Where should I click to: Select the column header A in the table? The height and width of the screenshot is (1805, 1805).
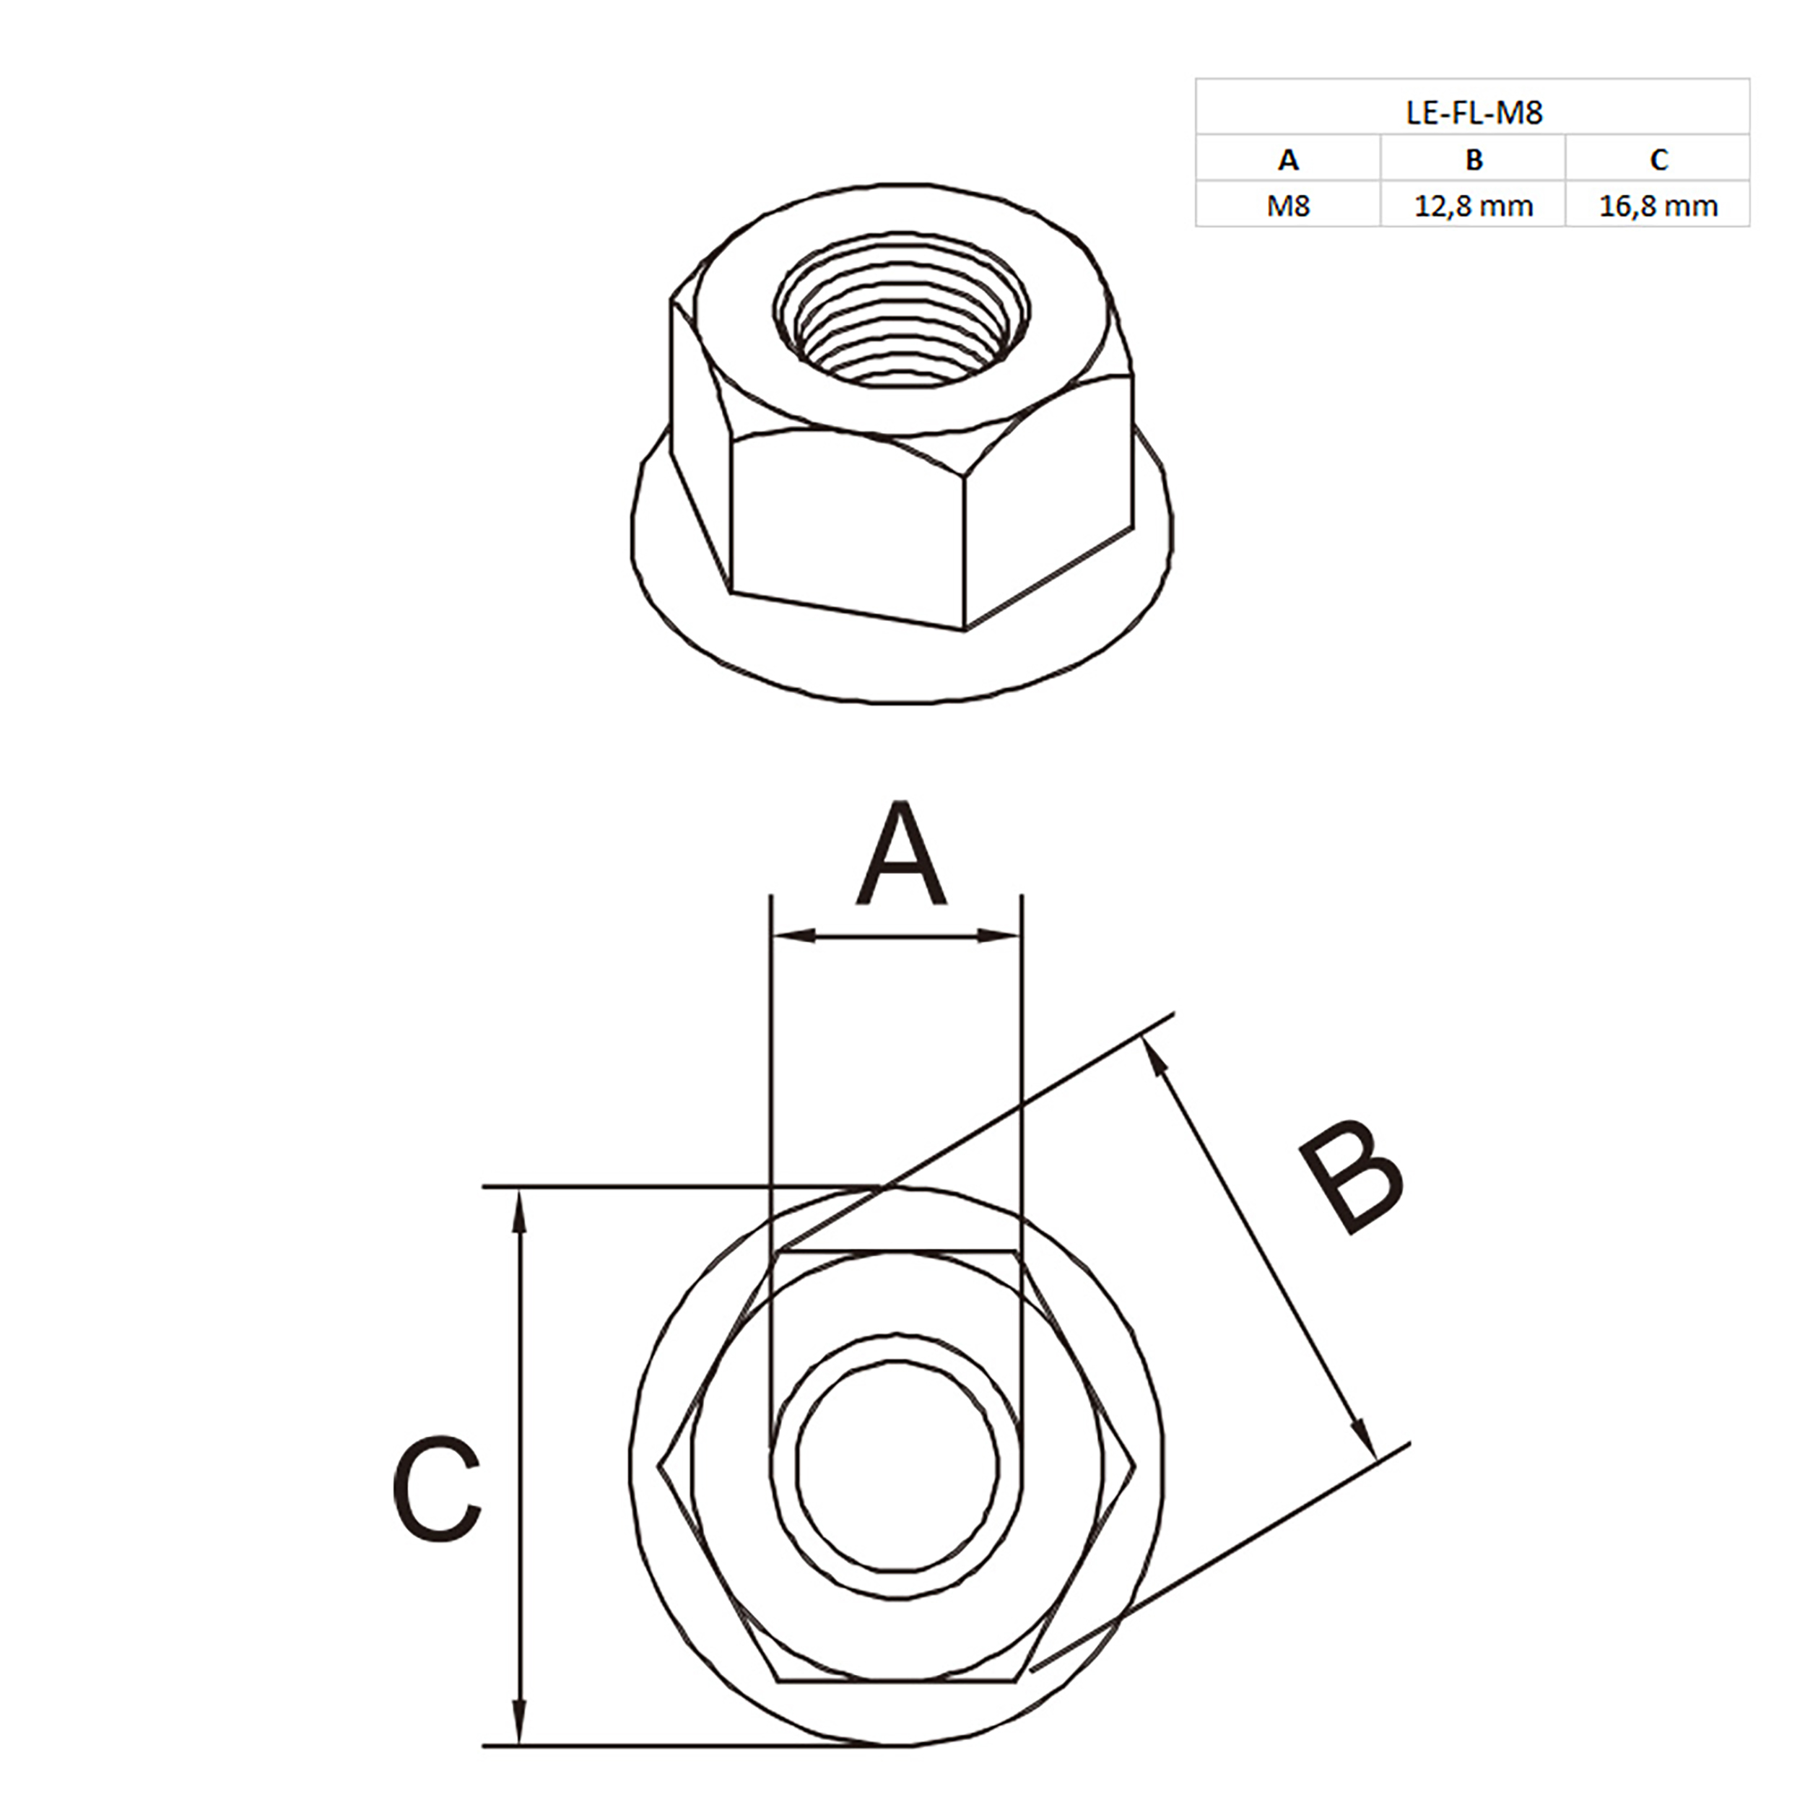point(1287,160)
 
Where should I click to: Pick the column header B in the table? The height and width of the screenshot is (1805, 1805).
point(1474,160)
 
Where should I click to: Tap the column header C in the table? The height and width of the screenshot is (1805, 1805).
point(1658,160)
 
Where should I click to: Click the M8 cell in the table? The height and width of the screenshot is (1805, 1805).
point(1287,206)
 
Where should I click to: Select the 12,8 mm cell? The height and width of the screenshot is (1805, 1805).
point(1474,206)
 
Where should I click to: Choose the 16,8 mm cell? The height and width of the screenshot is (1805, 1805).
point(1658,206)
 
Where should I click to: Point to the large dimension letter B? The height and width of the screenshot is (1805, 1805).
point(1352,1177)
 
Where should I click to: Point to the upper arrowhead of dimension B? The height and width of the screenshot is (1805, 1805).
point(1157,1058)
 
